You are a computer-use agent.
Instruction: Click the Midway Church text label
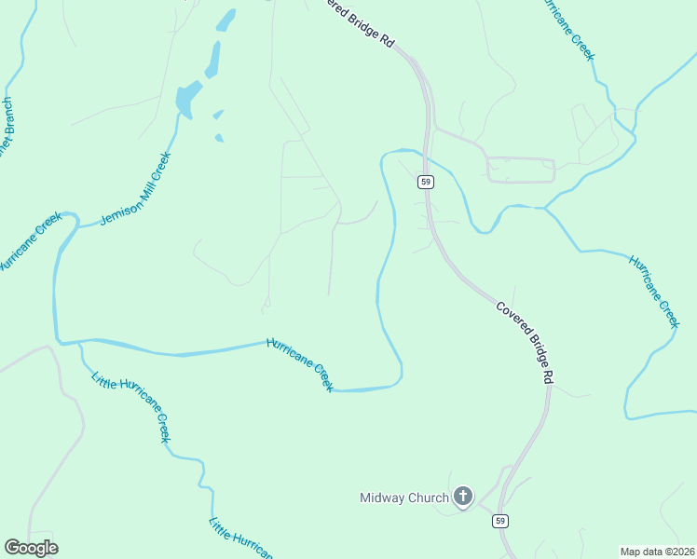[404, 498]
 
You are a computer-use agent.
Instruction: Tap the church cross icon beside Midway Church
[463, 497]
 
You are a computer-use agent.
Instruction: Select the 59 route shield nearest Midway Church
[501, 521]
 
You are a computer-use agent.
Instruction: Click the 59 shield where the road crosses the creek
[425, 182]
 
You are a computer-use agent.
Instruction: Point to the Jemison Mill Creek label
[135, 189]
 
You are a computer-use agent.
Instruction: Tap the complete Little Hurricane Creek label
[131, 406]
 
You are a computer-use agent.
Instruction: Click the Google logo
[31, 548]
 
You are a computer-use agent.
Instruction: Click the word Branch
[7, 116]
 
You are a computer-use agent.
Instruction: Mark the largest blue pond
[187, 98]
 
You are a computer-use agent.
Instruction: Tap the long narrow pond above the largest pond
[214, 59]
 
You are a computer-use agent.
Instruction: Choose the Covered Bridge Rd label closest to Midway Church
[526, 342]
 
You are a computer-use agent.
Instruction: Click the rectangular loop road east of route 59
[521, 170]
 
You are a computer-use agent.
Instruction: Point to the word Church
[430, 498]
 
